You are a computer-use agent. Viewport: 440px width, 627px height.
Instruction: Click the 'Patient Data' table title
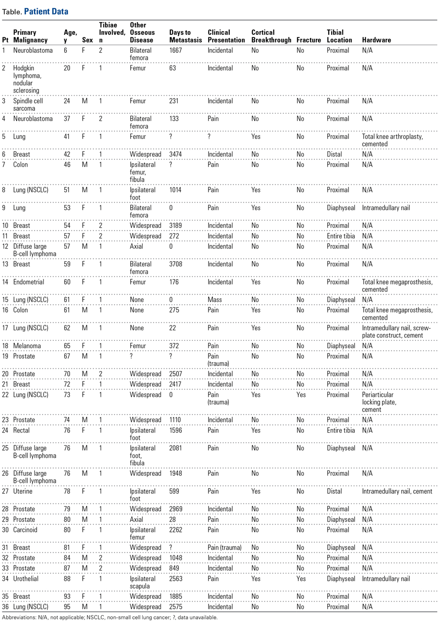coord(46,11)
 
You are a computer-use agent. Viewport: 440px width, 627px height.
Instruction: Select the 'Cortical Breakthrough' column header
coord(271,36)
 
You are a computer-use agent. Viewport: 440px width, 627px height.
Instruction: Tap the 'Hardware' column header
coord(376,40)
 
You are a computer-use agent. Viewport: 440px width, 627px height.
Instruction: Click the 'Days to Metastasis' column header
coord(185,36)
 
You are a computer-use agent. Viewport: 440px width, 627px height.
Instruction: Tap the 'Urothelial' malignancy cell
coord(26,579)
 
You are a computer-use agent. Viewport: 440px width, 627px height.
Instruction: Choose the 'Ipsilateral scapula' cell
coord(142,582)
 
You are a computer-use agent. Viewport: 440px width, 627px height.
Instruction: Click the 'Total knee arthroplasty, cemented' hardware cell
coord(392,140)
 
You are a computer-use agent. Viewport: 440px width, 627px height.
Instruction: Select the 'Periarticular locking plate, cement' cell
coord(379,402)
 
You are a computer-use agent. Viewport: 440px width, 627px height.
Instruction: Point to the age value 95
coord(67,607)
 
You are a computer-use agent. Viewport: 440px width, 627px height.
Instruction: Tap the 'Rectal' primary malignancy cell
coord(21,430)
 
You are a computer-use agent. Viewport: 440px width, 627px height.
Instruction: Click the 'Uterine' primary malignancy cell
coord(22,491)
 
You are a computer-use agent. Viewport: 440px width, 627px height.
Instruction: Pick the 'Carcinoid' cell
coord(25,530)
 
